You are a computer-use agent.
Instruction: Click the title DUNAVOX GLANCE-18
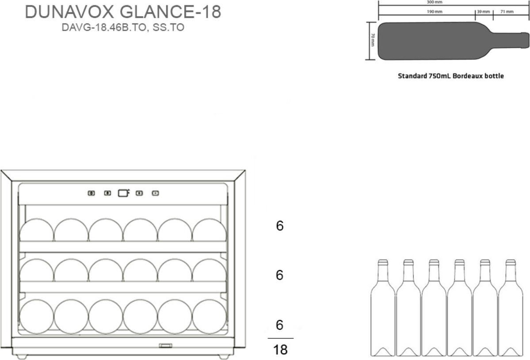123,12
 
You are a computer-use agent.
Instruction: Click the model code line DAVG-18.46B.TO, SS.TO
123,27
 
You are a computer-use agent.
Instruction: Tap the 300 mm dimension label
435,2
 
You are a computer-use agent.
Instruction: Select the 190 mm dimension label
435,11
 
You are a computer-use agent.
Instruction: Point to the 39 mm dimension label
483,11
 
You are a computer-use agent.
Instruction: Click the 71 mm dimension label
507,11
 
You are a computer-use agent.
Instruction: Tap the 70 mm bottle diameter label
373,40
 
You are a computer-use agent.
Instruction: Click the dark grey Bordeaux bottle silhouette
453,41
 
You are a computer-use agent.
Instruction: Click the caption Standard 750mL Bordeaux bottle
451,76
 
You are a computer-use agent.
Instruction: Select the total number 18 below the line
280,349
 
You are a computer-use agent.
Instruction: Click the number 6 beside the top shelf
280,226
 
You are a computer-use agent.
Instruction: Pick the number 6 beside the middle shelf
280,275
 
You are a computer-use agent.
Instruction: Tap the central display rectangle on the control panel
123,193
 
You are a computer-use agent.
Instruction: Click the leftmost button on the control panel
91,193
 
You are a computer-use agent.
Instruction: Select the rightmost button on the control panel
155,193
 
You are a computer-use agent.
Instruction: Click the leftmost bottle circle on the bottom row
37,317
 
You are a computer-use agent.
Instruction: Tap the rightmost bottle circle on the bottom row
209,317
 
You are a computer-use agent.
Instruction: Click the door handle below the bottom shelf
165,346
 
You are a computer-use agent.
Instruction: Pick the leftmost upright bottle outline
383,308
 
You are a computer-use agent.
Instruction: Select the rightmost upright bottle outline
511,308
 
